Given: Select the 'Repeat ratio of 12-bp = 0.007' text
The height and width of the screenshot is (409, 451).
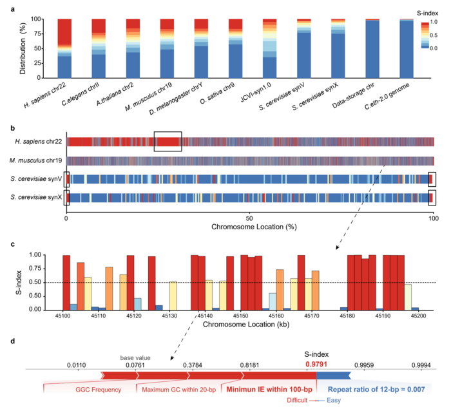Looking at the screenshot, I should click(380, 388).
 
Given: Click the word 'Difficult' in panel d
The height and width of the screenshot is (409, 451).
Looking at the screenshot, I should click(300, 400).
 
